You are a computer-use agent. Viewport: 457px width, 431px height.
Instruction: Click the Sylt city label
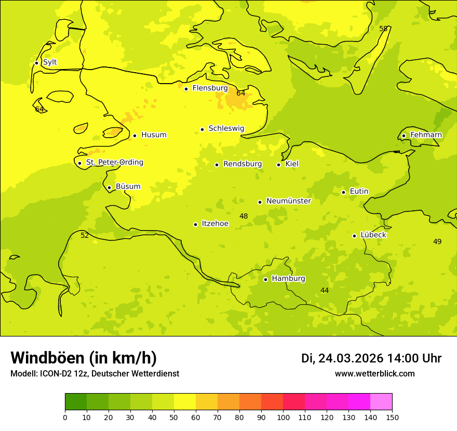[50, 62]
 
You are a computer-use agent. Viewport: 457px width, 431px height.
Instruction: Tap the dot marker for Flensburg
[186, 89]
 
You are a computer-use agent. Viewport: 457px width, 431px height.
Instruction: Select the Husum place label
[154, 135]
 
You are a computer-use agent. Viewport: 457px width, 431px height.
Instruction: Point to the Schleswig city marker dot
[202, 129]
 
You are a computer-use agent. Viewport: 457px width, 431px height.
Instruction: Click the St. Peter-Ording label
[114, 163]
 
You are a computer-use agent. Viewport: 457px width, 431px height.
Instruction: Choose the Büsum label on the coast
[128, 187]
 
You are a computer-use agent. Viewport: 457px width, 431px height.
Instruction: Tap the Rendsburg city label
[243, 164]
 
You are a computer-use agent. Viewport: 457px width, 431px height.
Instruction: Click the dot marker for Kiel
[278, 165]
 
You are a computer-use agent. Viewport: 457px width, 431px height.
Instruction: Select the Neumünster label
[289, 201]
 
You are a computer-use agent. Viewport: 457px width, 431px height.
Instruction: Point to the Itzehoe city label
[215, 224]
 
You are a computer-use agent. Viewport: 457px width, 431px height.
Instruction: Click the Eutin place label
[359, 192]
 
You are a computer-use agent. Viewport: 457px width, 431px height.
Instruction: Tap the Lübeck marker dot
[354, 236]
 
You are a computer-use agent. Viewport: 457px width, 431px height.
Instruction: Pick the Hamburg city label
[288, 279]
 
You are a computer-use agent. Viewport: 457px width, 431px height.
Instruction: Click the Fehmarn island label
[426, 135]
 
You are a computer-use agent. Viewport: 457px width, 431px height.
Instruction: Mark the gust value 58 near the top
[383, 29]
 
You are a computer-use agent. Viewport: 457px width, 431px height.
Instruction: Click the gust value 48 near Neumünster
[244, 216]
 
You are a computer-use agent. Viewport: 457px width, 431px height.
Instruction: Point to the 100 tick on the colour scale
[283, 417]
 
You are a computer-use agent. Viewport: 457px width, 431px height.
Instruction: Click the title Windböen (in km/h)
[84, 358]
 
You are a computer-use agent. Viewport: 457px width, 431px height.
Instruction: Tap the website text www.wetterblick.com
[374, 374]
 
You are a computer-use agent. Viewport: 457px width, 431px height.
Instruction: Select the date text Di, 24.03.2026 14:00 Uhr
[371, 358]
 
